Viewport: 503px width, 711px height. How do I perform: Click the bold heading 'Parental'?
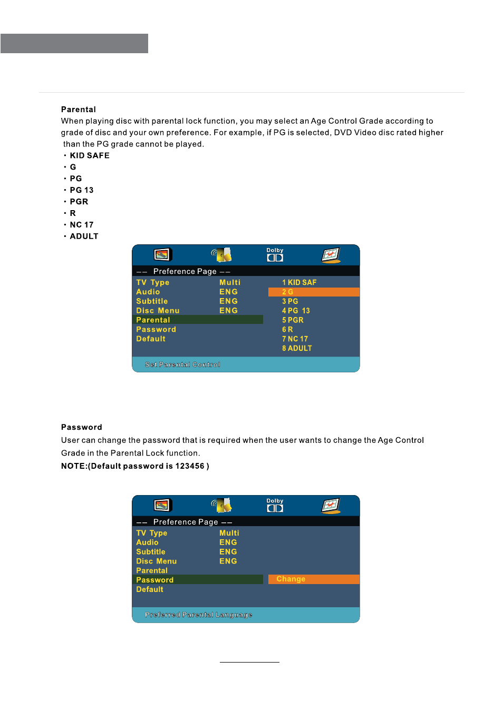(x=78, y=110)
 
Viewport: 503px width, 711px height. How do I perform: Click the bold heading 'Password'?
(x=81, y=427)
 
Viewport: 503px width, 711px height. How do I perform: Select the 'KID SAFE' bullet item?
(x=89, y=155)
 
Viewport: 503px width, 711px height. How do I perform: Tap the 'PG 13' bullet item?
(x=81, y=190)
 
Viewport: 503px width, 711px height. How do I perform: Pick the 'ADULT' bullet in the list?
(x=84, y=236)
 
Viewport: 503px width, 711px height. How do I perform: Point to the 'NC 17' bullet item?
(x=81, y=225)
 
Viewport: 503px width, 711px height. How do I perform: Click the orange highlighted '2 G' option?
(x=313, y=292)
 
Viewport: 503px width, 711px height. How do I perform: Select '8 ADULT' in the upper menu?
(x=297, y=348)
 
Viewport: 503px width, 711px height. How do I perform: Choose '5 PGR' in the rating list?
(x=293, y=320)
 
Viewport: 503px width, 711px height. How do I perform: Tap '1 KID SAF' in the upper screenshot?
(x=299, y=282)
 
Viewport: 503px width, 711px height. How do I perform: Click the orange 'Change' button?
(x=313, y=579)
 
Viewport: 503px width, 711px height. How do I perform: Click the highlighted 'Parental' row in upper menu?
(x=198, y=320)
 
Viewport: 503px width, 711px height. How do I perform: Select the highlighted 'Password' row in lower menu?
(x=198, y=580)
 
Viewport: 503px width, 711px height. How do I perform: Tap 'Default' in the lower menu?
(x=150, y=589)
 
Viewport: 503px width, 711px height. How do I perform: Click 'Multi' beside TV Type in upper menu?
(x=230, y=282)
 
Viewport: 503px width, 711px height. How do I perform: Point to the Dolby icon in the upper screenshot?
(x=275, y=255)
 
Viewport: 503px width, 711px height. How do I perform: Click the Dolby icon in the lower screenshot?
(x=275, y=506)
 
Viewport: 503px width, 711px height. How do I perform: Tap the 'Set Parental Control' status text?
(x=182, y=364)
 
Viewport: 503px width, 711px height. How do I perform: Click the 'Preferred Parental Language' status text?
(x=198, y=615)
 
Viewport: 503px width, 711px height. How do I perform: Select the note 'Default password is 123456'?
(x=135, y=466)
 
